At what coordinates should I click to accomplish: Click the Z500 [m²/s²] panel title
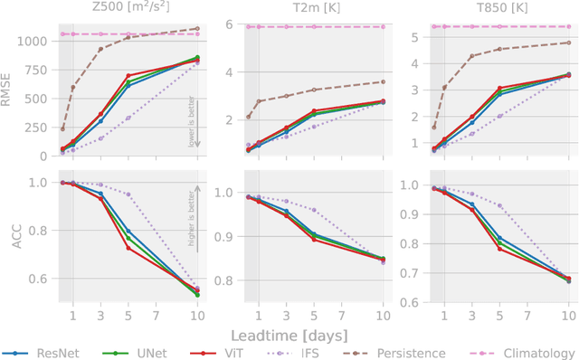pyautogui.click(x=124, y=8)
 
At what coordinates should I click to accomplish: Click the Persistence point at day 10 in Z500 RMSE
pyautogui.click(x=197, y=28)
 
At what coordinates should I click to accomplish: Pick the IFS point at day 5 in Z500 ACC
pyautogui.click(x=128, y=194)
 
